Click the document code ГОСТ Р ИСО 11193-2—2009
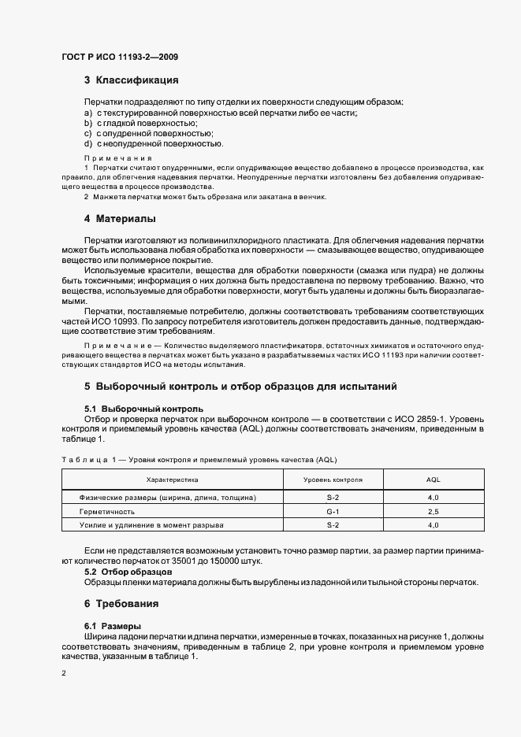pyautogui.click(x=115, y=58)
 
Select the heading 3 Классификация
pyautogui.click(x=132, y=80)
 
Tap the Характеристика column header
pyautogui.click(x=173, y=479)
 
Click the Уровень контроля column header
pyautogui.click(x=333, y=479)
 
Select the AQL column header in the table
pyautogui.click(x=433, y=479)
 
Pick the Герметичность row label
pyautogui.click(x=107, y=511)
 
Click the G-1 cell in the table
pyautogui.click(x=333, y=511)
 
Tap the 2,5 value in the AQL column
pyautogui.click(x=433, y=511)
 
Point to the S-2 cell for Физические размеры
pyautogui.click(x=333, y=498)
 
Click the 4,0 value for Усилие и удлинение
pyautogui.click(x=433, y=524)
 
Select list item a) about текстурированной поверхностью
pyautogui.click(x=221, y=113)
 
